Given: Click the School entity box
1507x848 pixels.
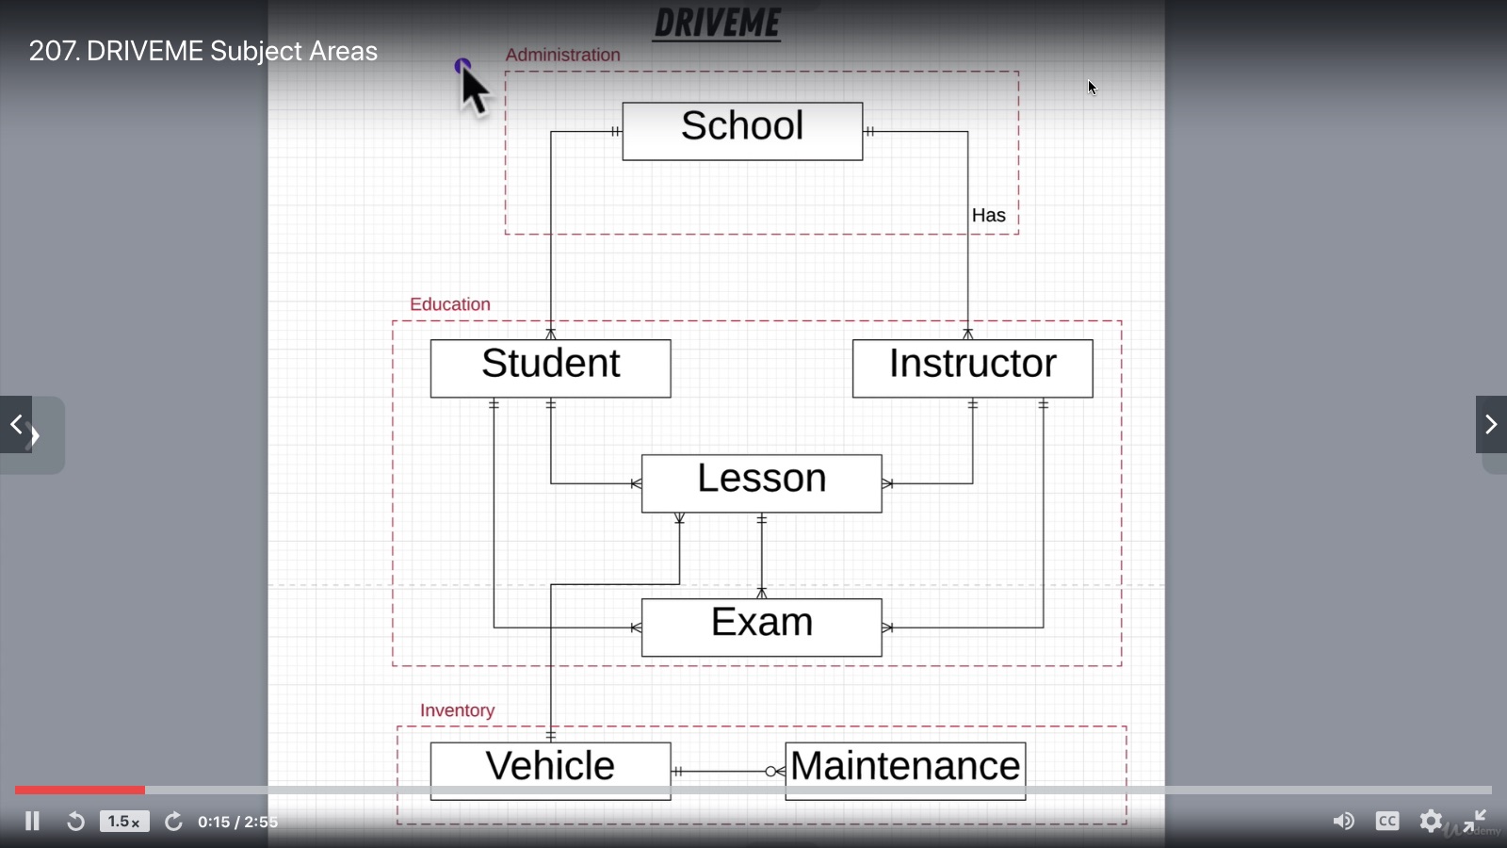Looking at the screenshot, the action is [x=742, y=131].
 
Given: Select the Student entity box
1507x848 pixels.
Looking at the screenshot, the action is [x=550, y=368].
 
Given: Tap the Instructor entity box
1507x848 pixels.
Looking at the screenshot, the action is [x=972, y=368].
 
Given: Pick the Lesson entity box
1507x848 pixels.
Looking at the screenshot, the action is [x=761, y=483].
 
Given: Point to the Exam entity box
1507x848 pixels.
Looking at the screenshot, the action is [x=761, y=627].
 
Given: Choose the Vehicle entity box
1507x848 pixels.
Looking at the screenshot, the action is [x=550, y=770].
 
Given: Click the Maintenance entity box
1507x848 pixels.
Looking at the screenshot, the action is [x=905, y=770].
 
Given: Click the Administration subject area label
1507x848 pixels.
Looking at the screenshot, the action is [x=562, y=55].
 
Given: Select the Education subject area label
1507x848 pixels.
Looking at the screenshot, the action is [x=449, y=304].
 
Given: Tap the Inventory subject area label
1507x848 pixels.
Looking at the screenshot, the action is [x=457, y=710].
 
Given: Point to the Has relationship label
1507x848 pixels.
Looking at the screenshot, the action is [x=988, y=216].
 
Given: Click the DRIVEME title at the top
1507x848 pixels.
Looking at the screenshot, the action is [x=717, y=24].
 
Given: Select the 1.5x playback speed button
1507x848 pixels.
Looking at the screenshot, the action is [x=123, y=822].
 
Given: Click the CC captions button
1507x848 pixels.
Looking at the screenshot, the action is [x=1386, y=822].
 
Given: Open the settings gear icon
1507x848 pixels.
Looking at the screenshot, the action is [x=1431, y=822].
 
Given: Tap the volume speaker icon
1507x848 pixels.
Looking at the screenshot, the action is [x=1343, y=822].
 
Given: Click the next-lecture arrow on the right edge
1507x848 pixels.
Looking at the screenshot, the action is [x=1490, y=425].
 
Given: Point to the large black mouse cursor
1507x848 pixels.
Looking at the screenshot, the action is [x=474, y=90].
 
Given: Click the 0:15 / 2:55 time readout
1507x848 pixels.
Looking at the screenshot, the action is [x=237, y=822].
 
